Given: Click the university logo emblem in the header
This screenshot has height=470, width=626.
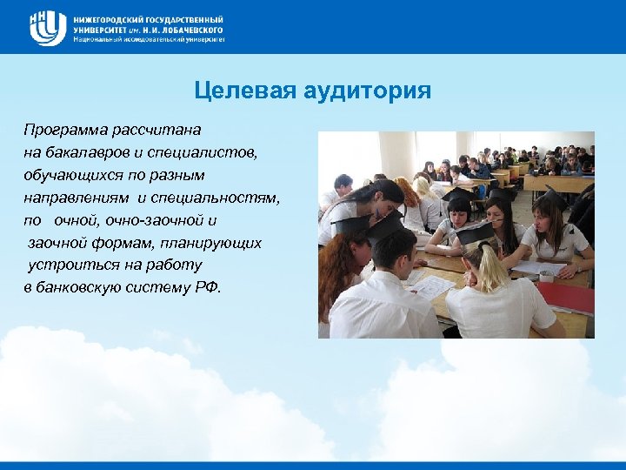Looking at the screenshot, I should pos(47,28).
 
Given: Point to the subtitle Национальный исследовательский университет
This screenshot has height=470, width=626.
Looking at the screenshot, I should pos(149,39).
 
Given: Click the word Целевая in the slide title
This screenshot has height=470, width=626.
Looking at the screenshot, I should pos(243,91).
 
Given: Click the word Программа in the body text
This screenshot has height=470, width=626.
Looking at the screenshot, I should pos(65,130).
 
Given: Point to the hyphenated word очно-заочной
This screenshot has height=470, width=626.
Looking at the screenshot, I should pos(163,220).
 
